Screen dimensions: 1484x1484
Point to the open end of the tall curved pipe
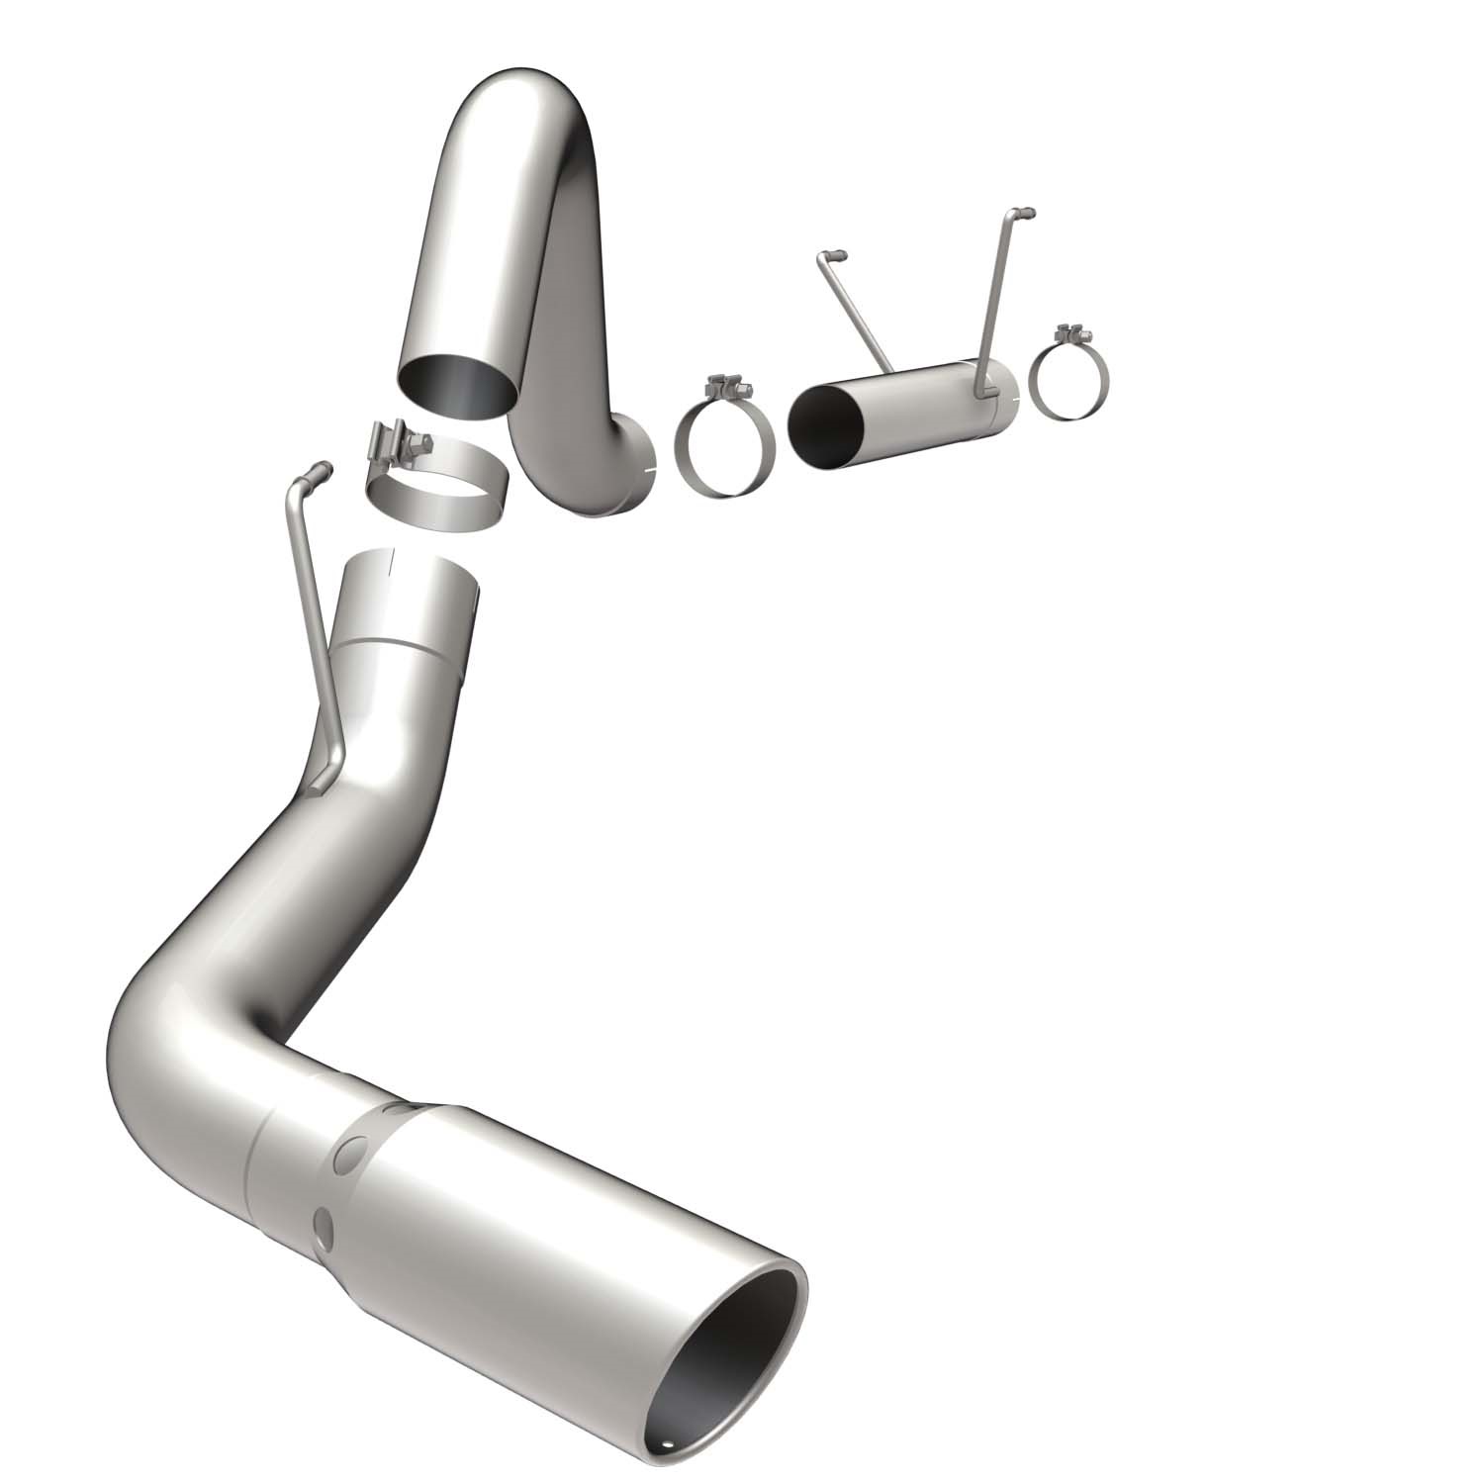click(456, 385)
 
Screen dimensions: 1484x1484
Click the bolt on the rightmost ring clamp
click(1067, 332)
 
